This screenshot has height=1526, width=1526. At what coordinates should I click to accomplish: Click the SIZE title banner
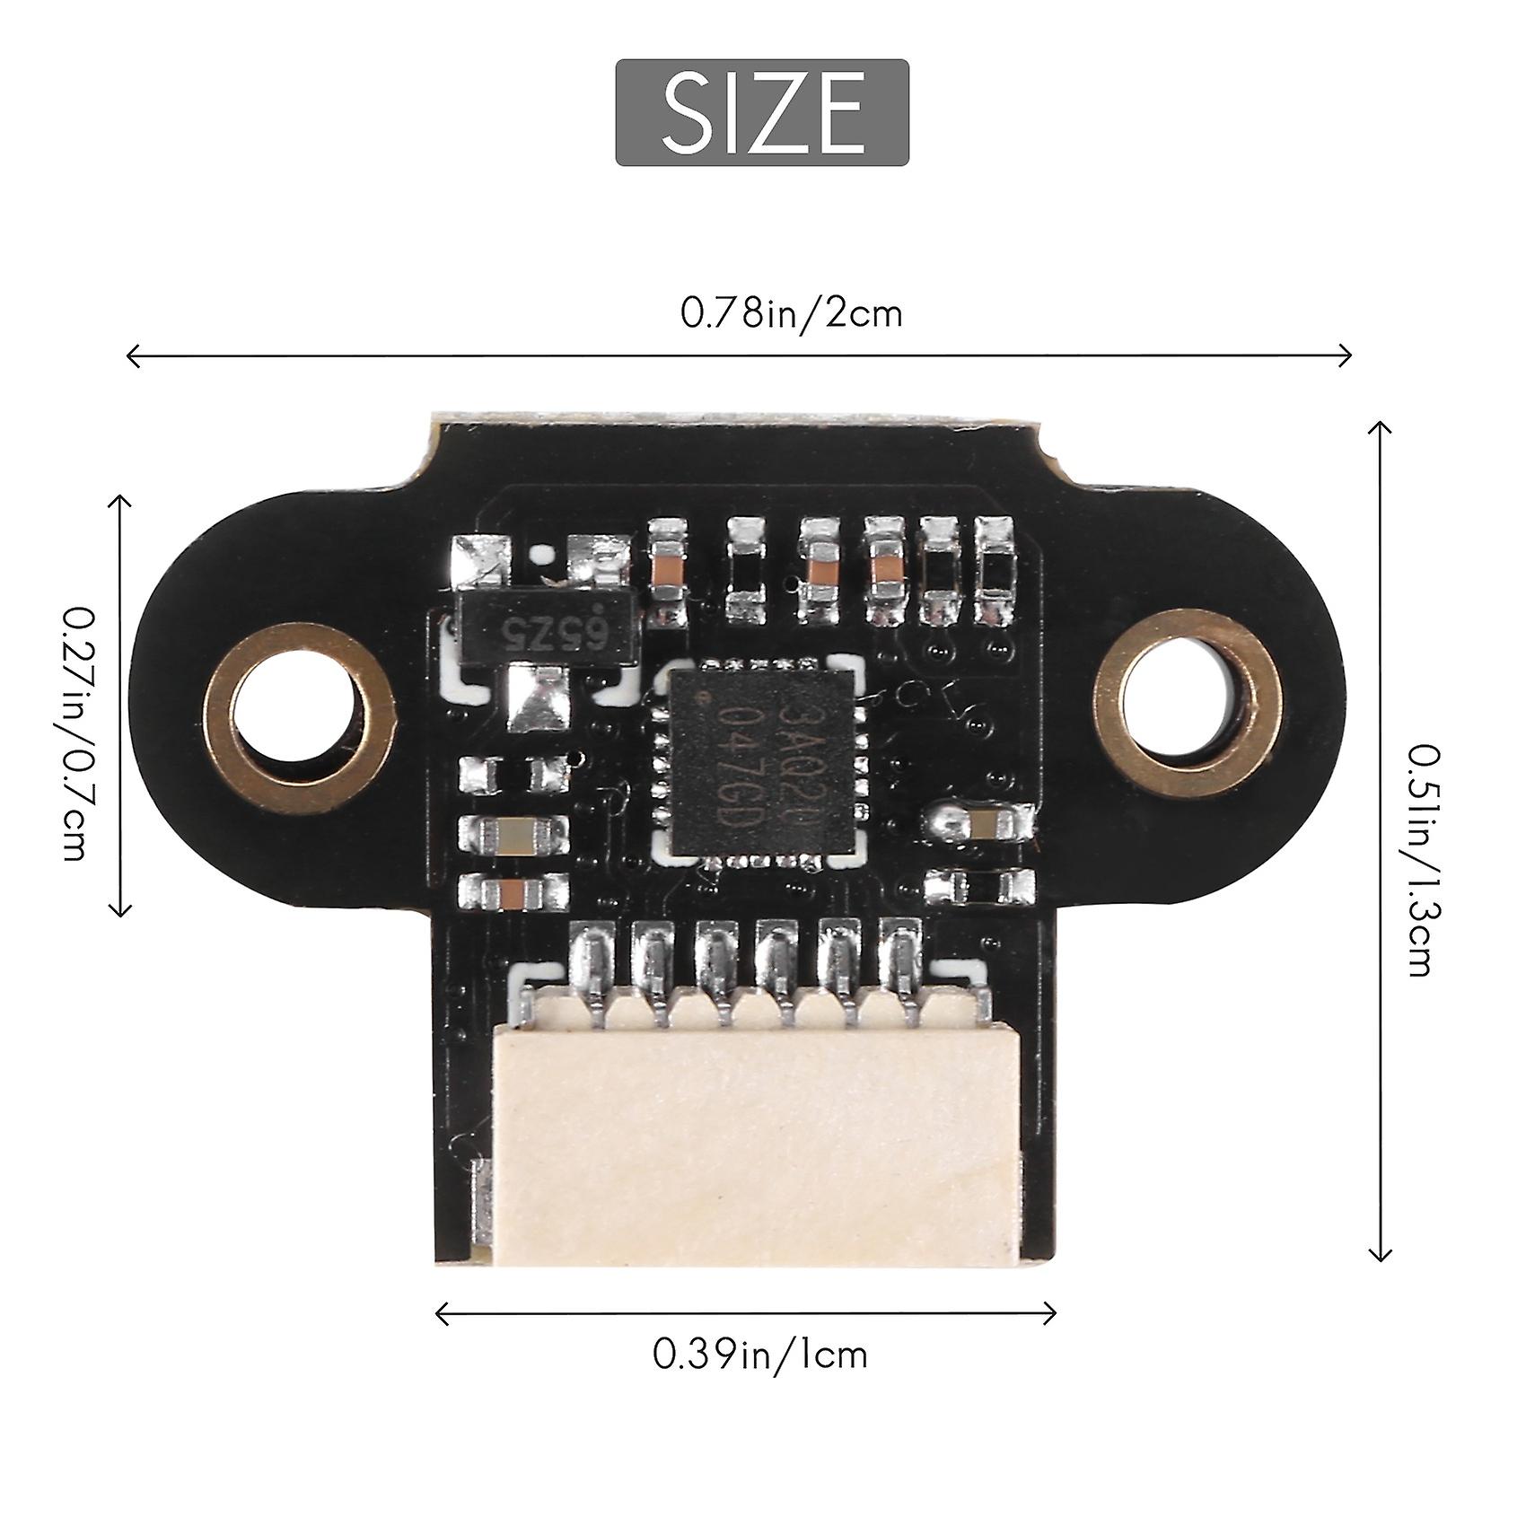[x=762, y=112]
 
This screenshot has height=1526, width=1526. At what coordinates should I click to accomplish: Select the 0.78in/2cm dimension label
[x=791, y=314]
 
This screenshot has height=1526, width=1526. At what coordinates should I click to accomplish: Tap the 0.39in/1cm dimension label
[x=760, y=1354]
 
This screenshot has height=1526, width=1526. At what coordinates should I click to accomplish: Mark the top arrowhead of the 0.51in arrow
[x=1380, y=427]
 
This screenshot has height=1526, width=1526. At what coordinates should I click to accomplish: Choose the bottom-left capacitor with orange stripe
[x=513, y=892]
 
